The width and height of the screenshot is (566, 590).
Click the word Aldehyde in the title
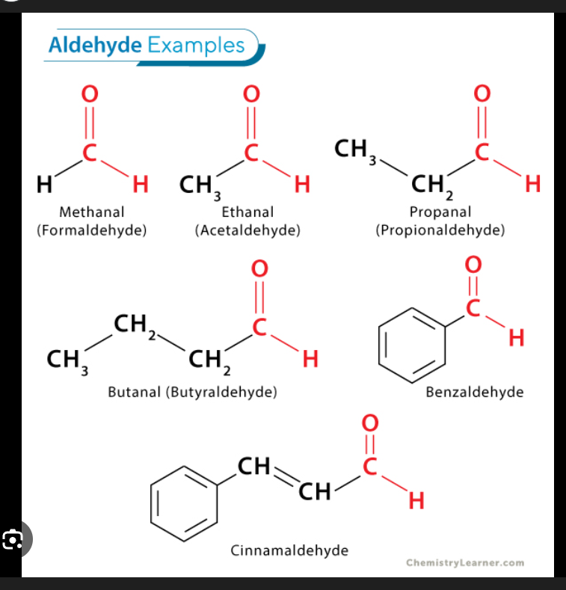coord(95,46)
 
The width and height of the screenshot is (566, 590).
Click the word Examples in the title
coord(195,46)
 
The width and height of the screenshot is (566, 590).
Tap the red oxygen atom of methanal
coord(90,95)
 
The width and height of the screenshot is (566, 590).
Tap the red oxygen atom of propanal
coord(482,95)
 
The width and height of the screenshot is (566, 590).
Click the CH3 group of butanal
coord(67,360)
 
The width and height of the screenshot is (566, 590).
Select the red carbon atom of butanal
coord(259,328)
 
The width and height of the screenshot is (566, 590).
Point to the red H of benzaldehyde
coord(515,339)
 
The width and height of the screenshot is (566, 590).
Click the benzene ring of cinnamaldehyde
coord(184,497)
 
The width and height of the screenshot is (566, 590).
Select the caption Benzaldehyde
coord(474,392)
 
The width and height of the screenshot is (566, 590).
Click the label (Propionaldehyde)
coord(440,230)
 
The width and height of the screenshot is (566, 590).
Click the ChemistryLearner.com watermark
coord(465,563)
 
